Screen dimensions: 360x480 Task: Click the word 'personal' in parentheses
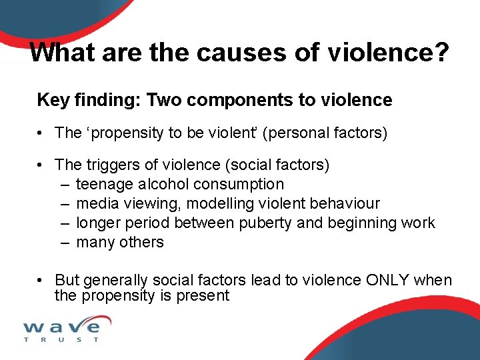click(x=296, y=133)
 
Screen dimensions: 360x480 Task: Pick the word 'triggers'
click(x=109, y=165)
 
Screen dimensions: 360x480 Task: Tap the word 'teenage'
click(x=103, y=184)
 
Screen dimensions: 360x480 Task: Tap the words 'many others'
click(x=120, y=242)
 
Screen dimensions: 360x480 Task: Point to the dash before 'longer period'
click(x=65, y=223)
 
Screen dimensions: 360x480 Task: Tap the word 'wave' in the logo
click(x=62, y=327)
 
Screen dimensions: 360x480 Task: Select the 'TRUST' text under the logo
click(x=61, y=340)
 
